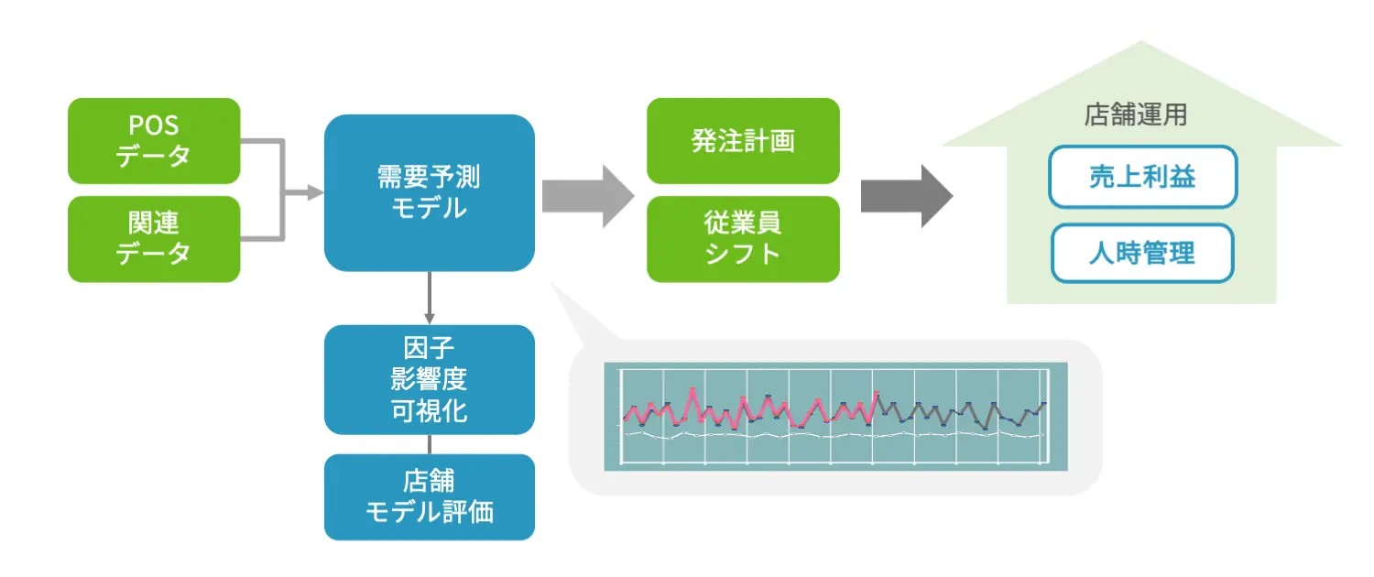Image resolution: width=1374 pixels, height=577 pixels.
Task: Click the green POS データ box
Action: tap(154, 141)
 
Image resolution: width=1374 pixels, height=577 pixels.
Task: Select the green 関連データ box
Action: tap(154, 239)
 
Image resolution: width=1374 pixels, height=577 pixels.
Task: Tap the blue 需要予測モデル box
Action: tap(430, 192)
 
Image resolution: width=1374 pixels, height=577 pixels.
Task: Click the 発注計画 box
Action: tap(743, 141)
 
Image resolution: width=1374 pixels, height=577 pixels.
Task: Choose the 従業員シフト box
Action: tap(743, 239)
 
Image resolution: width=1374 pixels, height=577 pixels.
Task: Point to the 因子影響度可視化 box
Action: tap(430, 379)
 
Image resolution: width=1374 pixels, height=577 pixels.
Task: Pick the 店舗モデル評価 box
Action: tap(430, 497)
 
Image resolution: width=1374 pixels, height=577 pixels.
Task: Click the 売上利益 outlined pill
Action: tap(1143, 177)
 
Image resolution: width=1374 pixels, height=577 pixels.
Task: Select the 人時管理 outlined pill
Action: tap(1142, 254)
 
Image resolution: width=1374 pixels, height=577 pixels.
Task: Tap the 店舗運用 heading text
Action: tap(1136, 114)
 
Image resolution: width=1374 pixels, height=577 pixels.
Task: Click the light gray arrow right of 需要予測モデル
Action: tap(588, 196)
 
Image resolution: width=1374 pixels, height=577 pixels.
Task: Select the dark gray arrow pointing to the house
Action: tap(907, 196)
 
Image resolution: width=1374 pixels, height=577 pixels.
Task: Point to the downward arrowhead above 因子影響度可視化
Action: tap(430, 318)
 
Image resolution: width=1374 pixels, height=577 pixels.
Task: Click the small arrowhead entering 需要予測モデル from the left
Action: tap(315, 192)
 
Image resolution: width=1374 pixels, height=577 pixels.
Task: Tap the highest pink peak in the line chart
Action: tap(692, 388)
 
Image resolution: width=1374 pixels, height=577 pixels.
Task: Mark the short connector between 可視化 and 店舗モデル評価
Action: tap(430, 444)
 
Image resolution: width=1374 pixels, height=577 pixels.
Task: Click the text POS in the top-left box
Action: tap(153, 125)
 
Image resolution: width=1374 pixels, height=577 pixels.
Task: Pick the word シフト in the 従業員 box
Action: tap(742, 254)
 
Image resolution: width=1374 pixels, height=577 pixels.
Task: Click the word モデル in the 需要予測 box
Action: tap(430, 209)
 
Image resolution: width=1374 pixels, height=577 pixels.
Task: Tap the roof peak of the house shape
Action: tap(1141, 42)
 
